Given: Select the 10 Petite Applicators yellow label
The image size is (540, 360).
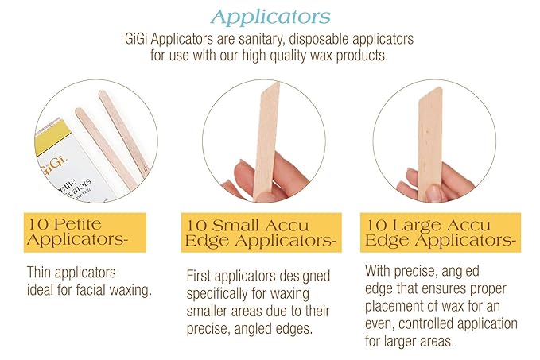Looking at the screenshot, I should click(x=76, y=230).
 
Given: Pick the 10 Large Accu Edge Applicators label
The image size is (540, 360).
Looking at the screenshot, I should click(x=441, y=230).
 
